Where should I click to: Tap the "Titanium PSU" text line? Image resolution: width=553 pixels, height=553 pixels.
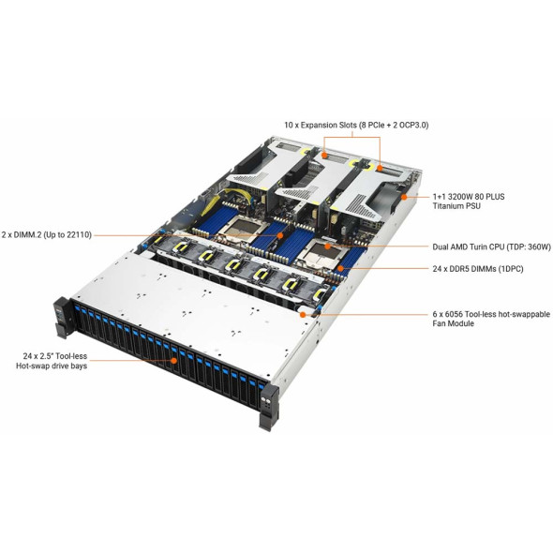pos(456,206)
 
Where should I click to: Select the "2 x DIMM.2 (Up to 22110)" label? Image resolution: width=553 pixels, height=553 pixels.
pos(46,235)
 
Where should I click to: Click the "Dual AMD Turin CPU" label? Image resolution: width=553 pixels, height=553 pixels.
pos(469,247)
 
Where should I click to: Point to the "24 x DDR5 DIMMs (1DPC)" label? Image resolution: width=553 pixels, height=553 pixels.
pos(478,269)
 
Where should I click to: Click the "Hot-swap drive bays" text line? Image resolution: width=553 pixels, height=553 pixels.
pos(52,366)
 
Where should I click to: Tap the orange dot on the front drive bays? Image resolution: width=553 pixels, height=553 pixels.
pos(173,361)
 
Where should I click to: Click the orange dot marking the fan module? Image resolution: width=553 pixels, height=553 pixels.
pos(302,314)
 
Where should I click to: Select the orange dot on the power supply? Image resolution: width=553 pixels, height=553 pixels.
pos(404,197)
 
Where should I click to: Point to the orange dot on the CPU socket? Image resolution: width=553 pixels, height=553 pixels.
pos(327,247)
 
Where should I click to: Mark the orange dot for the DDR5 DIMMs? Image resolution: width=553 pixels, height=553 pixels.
pos(340,268)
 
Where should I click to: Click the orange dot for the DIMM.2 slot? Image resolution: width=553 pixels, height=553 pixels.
pos(280,235)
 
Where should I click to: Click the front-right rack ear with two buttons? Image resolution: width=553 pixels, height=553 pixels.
pos(269,406)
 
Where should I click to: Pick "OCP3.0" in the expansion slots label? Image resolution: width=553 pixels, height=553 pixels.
pos(413,126)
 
